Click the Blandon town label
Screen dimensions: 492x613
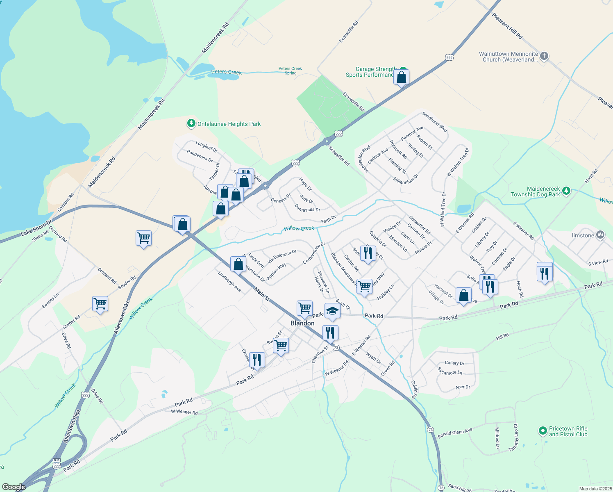tap(302, 323)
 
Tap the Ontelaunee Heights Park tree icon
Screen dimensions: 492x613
tap(191, 123)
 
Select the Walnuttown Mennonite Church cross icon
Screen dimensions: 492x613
tap(544, 56)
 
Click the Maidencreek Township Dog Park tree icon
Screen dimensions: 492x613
tap(566, 191)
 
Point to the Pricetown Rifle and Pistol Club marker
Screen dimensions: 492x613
tap(543, 431)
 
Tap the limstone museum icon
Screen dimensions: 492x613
tap(600, 235)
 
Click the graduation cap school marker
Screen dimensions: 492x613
tap(332, 312)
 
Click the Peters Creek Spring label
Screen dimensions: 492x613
tap(290, 71)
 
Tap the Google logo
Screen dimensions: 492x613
tap(14, 487)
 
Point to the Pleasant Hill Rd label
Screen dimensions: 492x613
tap(507, 26)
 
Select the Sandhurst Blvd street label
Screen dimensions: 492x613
tap(435, 122)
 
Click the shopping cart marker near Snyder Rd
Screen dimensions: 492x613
tap(100, 304)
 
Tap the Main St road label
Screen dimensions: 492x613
tap(261, 294)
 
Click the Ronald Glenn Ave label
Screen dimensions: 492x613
tap(455, 433)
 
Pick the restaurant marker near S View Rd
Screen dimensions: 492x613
tap(545, 273)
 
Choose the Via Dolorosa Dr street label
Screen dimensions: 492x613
tap(282, 257)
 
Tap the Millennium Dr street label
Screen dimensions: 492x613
tap(406, 179)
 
